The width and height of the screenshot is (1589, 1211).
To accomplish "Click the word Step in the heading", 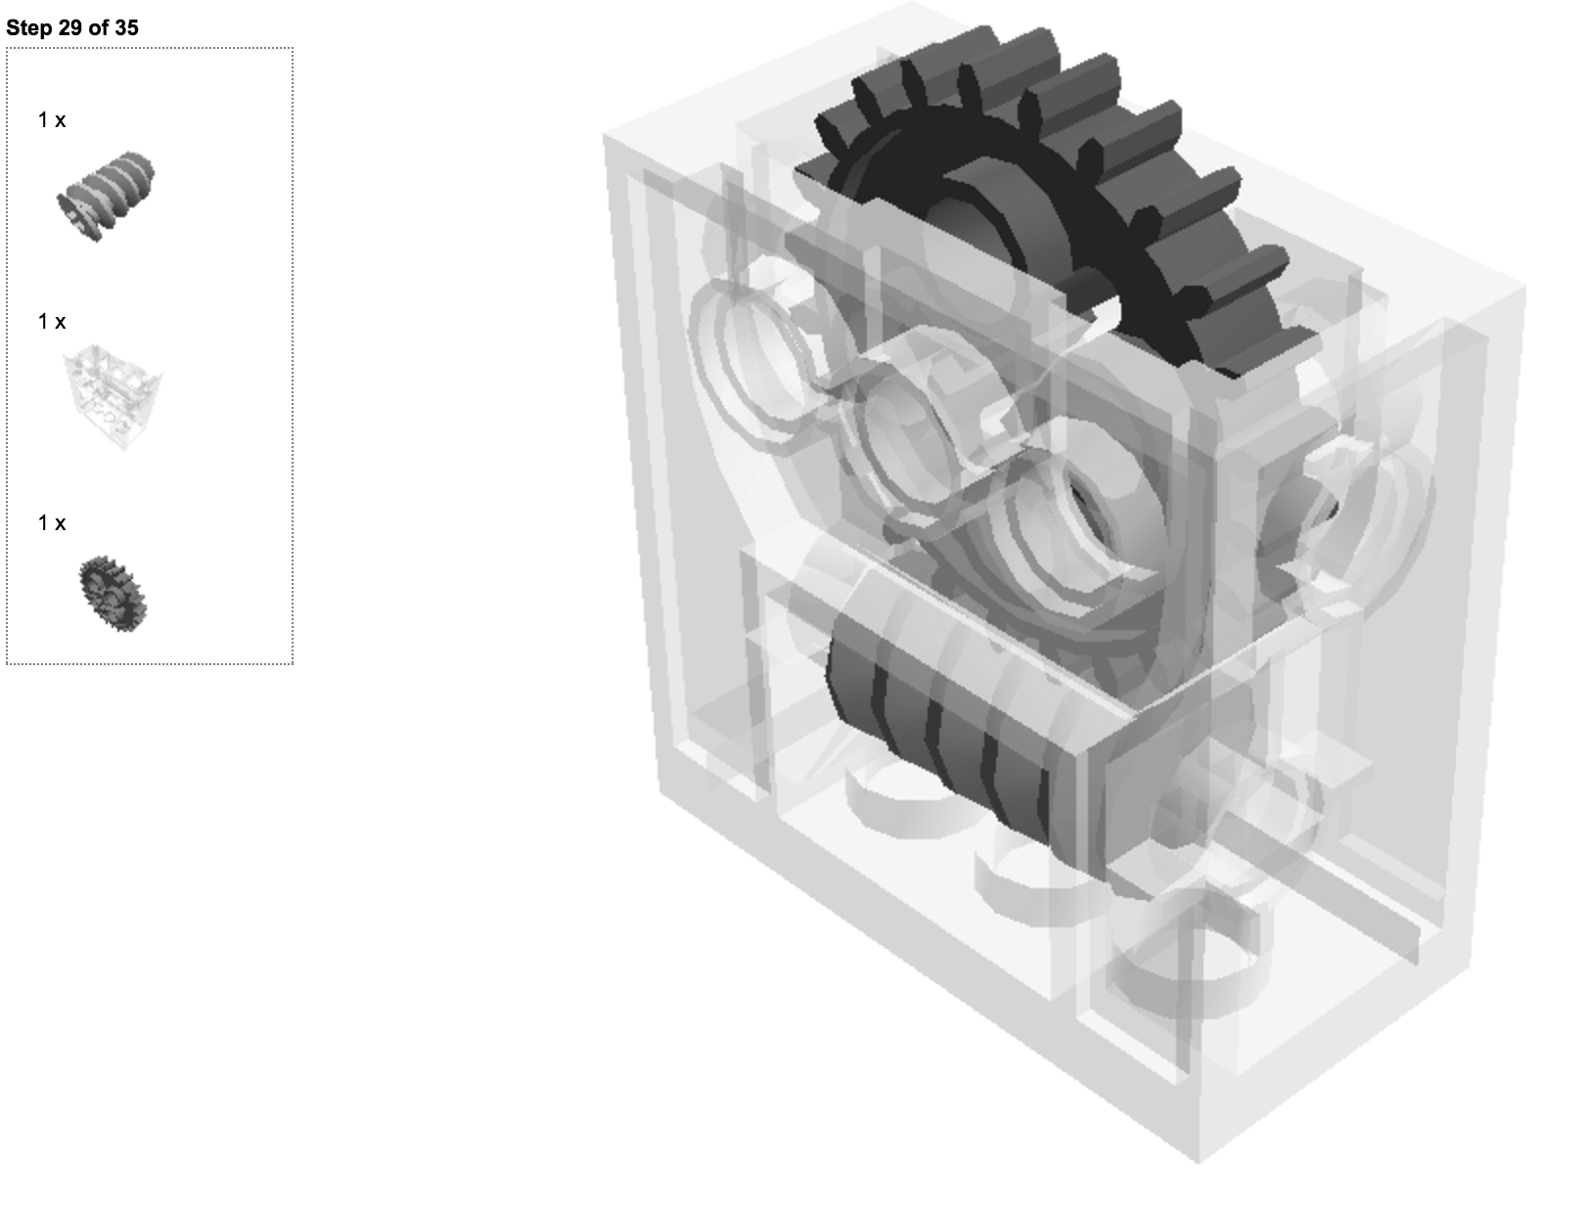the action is [29, 28].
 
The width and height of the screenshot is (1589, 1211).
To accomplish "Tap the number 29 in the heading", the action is [71, 27].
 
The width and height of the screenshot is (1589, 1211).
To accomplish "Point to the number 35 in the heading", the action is [126, 27].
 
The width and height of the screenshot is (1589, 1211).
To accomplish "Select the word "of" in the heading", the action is [99, 27].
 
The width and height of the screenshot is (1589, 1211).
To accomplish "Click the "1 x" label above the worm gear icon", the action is [52, 120].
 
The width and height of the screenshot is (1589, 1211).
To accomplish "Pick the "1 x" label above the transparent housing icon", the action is [52, 321].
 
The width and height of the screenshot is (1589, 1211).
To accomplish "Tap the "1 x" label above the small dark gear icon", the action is [52, 522].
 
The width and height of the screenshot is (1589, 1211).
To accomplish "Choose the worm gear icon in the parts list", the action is [106, 197].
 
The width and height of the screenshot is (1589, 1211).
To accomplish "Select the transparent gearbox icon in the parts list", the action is [113, 397].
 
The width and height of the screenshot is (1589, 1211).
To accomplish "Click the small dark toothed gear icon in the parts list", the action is [113, 593].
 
